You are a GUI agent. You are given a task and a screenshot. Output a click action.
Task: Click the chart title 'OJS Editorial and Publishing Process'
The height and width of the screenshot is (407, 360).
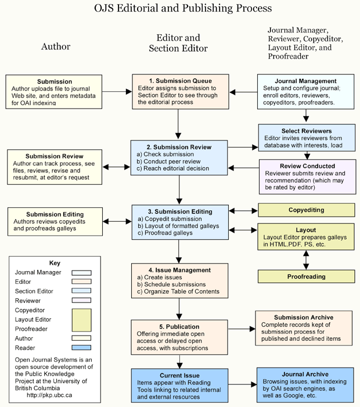[x=183, y=8]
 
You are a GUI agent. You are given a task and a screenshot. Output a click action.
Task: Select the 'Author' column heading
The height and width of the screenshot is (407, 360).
[x=56, y=46]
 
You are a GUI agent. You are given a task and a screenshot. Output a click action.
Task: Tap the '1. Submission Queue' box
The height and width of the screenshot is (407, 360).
[x=181, y=92]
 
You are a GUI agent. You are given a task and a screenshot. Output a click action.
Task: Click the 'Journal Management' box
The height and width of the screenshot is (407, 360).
[x=306, y=92]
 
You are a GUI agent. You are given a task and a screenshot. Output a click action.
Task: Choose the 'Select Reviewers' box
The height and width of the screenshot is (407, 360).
[x=307, y=138]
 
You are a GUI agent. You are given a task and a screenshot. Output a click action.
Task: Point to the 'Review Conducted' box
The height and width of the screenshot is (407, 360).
[x=307, y=177]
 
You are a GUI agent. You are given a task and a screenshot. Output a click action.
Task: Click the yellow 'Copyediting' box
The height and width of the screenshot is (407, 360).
[x=306, y=210]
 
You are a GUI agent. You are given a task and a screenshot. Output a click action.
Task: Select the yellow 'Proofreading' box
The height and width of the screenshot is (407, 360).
[x=306, y=276]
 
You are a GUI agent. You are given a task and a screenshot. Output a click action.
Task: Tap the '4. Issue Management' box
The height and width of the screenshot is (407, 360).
[x=179, y=280]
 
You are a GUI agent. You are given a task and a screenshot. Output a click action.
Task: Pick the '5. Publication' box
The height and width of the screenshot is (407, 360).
[x=179, y=337]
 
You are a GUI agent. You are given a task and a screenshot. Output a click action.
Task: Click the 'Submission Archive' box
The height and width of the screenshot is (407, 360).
[x=304, y=328]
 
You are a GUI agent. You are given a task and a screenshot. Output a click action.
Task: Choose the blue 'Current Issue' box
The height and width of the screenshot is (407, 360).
[x=179, y=386]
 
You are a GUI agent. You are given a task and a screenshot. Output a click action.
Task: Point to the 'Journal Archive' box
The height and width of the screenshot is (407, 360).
[x=305, y=385]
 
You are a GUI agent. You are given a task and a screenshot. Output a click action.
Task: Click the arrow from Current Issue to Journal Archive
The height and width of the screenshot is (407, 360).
[x=243, y=384]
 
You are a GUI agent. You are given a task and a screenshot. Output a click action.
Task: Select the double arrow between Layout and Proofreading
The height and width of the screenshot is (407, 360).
[x=306, y=260]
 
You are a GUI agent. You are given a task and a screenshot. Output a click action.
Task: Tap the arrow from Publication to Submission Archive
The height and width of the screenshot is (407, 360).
[x=242, y=329]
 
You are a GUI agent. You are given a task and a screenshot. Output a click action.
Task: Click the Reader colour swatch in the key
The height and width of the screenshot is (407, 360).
[x=81, y=348]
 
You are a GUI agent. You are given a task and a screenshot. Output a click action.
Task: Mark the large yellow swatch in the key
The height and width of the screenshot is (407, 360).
[x=81, y=320]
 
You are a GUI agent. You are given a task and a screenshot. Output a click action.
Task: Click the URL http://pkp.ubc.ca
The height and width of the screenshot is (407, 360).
[x=49, y=395]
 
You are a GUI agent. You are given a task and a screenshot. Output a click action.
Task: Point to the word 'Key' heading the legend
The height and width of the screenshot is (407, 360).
[x=55, y=263]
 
